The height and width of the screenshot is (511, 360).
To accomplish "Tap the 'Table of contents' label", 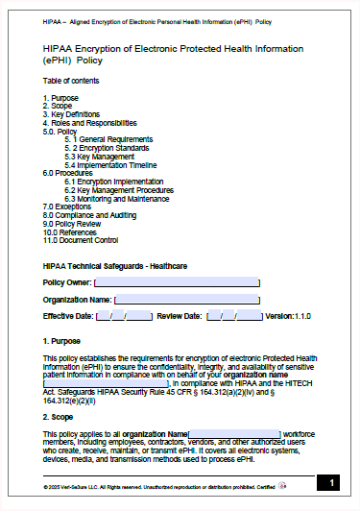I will tap(70, 80).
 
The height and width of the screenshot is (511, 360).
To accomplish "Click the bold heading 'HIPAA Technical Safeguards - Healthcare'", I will tap(114, 265).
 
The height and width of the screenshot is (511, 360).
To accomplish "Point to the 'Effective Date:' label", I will tap(68, 316).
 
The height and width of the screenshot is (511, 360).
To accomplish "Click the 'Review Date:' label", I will tap(180, 316).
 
